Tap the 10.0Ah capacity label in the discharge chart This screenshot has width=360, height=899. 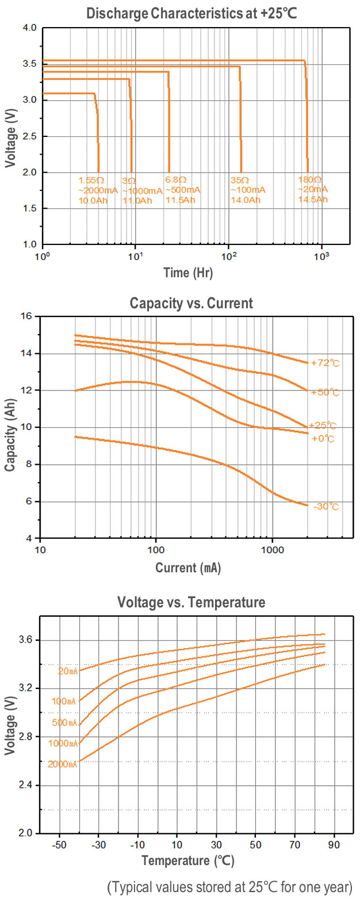(x=91, y=200)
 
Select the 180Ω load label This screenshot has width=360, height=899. (x=308, y=179)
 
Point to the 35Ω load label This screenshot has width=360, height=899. (x=239, y=179)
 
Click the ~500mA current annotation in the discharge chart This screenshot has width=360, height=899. (x=183, y=190)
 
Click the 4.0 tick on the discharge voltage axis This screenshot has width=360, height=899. (x=29, y=28)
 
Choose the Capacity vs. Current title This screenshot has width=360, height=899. (x=192, y=303)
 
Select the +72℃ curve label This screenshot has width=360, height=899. (x=325, y=364)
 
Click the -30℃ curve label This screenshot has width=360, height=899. (x=325, y=507)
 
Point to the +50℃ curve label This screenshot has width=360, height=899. (x=325, y=392)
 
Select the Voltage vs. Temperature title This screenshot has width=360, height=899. (x=191, y=602)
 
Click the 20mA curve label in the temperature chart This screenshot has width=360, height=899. (x=67, y=671)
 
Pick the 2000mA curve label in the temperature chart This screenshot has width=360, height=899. (x=63, y=764)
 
